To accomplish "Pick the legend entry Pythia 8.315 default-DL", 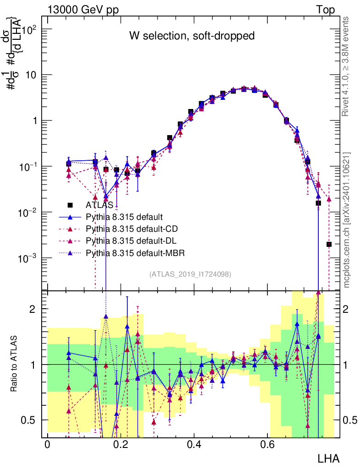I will pos(131,241).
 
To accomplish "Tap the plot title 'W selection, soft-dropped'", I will pos(191,36).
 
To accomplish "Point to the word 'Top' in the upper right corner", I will pos(325,10).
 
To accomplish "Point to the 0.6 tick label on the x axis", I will pos(268,444).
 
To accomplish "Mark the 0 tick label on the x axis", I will pos(48,444).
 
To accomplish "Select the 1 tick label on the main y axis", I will pos(35,121).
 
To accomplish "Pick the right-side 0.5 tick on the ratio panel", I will pos(351,420).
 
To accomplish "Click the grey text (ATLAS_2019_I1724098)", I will pos(190,274).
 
